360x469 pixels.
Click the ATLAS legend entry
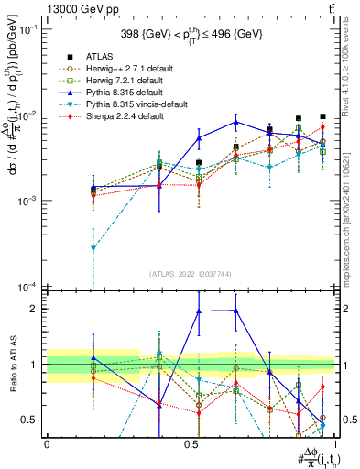click(94, 56)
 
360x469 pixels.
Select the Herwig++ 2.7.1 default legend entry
click(117, 68)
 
